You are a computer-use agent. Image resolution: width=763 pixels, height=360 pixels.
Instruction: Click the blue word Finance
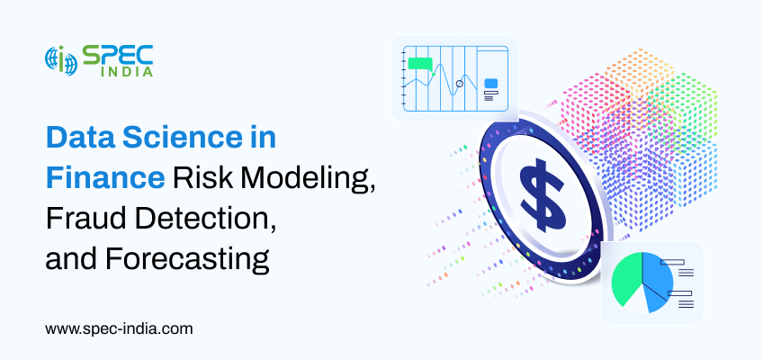(x=105, y=178)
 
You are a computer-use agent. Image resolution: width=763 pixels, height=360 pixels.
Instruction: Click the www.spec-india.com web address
(x=119, y=328)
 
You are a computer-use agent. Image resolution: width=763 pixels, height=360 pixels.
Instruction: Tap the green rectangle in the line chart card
(x=420, y=64)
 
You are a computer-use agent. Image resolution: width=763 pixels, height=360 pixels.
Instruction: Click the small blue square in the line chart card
(x=490, y=84)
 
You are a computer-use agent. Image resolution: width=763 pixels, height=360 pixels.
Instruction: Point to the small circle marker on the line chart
(x=459, y=84)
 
